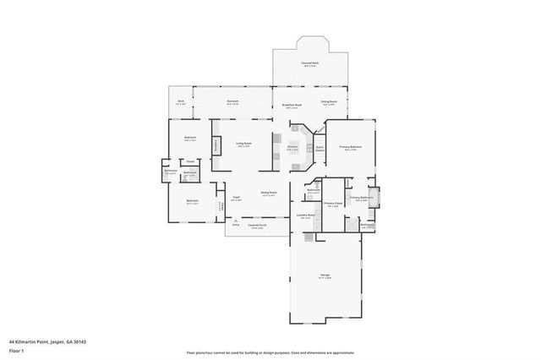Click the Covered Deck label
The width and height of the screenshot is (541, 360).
309,63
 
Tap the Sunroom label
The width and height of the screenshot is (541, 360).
232,101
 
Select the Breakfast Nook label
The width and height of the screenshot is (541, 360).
292,105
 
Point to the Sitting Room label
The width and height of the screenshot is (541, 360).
329,102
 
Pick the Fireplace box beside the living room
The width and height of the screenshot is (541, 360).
216,145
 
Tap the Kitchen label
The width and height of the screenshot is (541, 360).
292,146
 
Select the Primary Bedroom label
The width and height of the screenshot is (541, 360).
350,147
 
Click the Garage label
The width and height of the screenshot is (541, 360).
324,275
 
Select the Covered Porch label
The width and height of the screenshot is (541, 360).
257,226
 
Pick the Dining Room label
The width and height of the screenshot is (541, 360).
269,193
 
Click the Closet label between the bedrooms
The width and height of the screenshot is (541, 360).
191,161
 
